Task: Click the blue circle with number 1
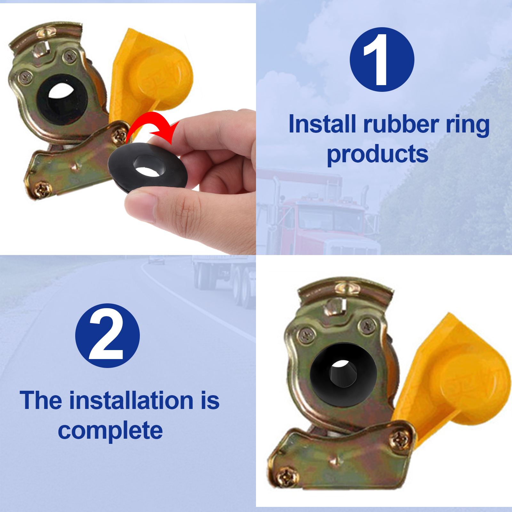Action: tap(382, 60)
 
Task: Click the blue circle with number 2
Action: tap(108, 336)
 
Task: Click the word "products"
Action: tap(378, 154)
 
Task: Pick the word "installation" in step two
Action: tap(132, 400)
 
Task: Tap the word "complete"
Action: tap(110, 431)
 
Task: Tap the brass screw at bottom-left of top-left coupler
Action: tap(42, 190)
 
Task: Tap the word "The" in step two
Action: tap(41, 400)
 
